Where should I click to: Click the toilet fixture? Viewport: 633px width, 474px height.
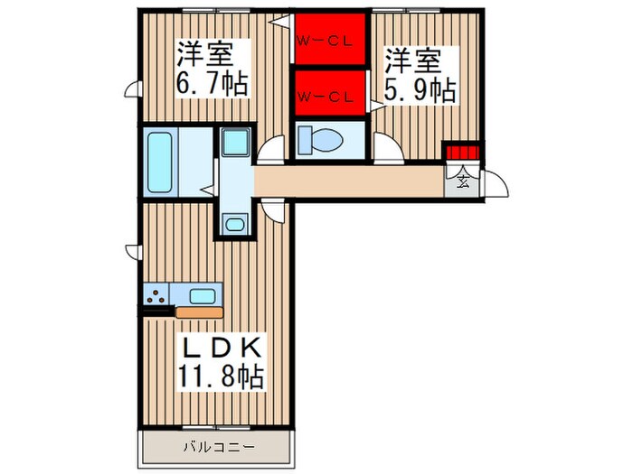(321, 140)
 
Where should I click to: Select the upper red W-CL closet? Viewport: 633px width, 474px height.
(329, 39)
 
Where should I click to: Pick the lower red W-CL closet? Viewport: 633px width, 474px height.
(329, 94)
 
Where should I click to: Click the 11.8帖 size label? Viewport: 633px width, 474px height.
(222, 376)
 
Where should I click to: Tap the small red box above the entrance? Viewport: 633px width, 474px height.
(459, 151)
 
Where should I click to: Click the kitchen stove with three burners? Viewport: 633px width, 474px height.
(156, 294)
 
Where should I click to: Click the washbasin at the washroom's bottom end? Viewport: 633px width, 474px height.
(234, 224)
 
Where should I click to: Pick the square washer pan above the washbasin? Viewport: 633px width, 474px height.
(234, 143)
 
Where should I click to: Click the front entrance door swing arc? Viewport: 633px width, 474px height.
(493, 185)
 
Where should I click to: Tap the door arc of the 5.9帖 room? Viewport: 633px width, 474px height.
(387, 146)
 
